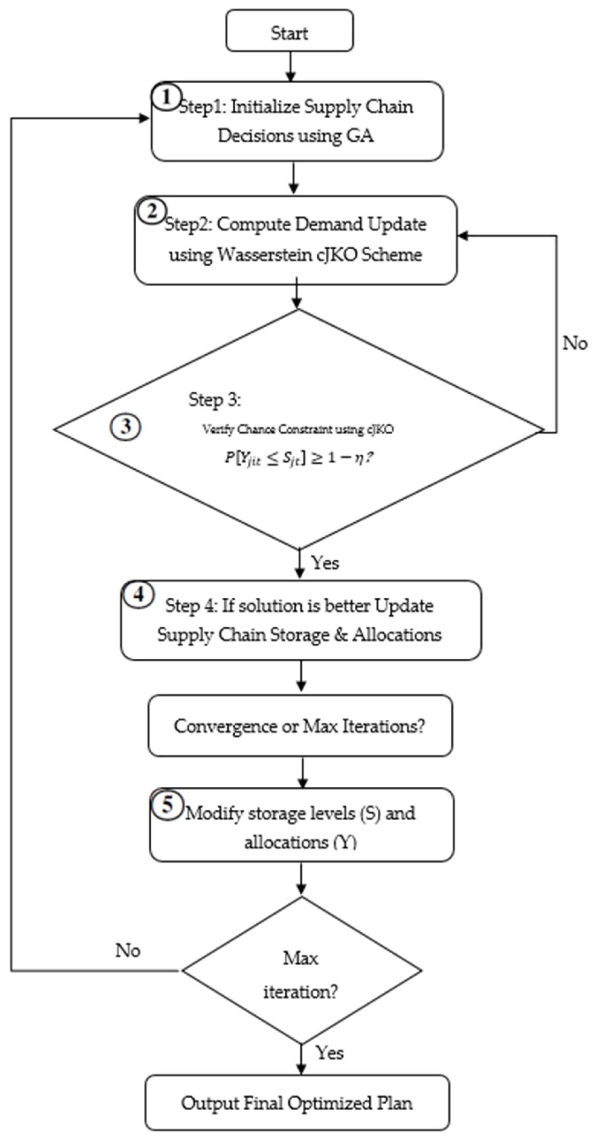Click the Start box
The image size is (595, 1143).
coord(289,31)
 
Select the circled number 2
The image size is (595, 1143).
coord(152,211)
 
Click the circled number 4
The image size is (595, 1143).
coord(138,595)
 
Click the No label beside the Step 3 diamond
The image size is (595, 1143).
coord(574,343)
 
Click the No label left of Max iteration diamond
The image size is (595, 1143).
coord(128,951)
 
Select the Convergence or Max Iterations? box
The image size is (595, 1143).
coord(300,726)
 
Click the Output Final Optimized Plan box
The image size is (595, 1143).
coord(297,1103)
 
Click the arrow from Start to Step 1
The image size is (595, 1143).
coord(290,67)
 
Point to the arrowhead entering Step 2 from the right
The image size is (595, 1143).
coord(462,236)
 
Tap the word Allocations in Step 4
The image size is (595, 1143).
coord(397,635)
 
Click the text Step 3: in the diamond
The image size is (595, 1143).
coord(215,399)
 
